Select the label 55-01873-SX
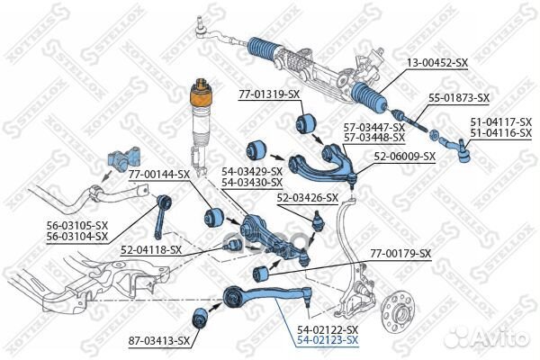[x=458, y=97]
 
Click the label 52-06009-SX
[x=405, y=156]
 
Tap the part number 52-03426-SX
[x=308, y=198]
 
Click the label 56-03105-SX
[x=77, y=227]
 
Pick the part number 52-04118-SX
[x=151, y=249]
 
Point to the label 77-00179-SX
[x=401, y=254]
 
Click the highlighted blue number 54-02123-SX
[x=328, y=340]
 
